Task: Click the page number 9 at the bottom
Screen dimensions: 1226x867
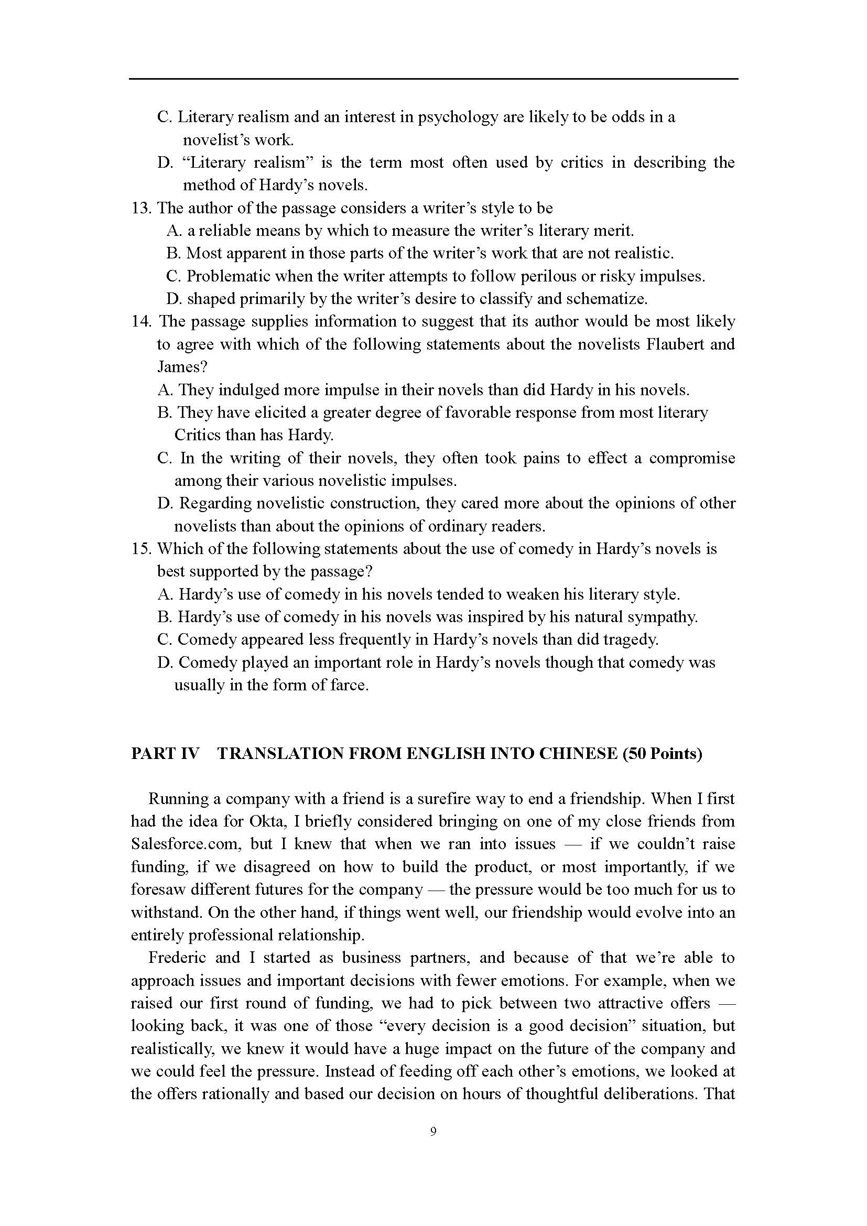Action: tap(433, 1131)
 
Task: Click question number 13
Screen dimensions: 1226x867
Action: tap(142, 208)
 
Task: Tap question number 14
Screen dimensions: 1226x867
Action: tap(142, 321)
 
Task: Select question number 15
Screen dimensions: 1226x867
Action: tap(142, 549)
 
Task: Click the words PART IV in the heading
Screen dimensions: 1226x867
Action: tap(165, 753)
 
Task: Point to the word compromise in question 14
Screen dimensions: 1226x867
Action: tap(692, 458)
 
